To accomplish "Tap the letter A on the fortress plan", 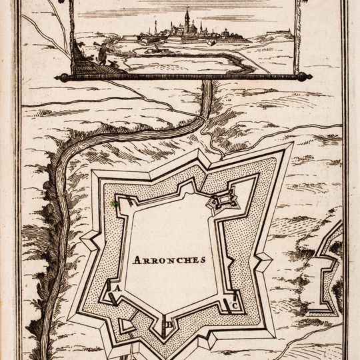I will click(x=117, y=289).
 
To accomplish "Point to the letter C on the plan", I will click(x=235, y=306).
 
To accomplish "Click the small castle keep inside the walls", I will click(x=224, y=199).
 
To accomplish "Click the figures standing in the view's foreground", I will click(x=100, y=53).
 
